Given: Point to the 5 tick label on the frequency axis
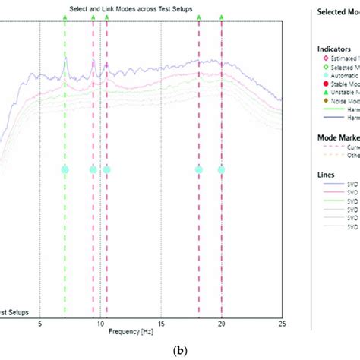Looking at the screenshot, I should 39,323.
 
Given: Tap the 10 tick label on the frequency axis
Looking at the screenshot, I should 100,323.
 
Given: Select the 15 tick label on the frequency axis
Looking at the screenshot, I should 161,323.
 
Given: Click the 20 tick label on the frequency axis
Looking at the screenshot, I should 222,323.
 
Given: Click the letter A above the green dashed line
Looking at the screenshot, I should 65,14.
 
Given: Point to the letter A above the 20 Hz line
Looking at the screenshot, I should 222,14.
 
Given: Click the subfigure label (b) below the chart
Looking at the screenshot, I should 179,351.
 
